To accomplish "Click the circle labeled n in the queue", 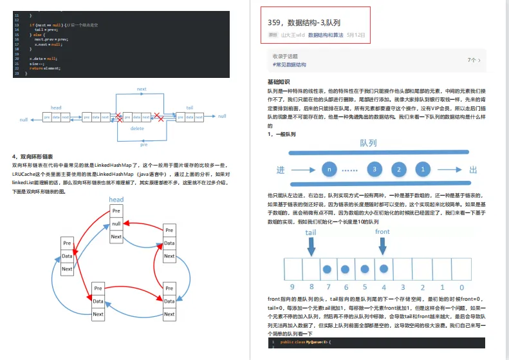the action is [329, 169].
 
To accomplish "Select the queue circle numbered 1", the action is [423, 169].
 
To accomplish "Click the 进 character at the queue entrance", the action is [280, 170].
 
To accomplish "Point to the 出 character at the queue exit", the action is [474, 170].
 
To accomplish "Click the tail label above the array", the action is [311, 232].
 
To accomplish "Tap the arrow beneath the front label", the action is [383, 245].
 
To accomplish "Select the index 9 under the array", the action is [293, 287].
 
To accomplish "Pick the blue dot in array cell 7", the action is [328, 269].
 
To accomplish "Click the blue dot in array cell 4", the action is [384, 269].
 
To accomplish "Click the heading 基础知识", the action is [278, 82].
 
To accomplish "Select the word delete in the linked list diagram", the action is [137, 128].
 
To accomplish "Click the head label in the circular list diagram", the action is [116, 200].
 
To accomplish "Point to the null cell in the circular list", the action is [116, 223].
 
